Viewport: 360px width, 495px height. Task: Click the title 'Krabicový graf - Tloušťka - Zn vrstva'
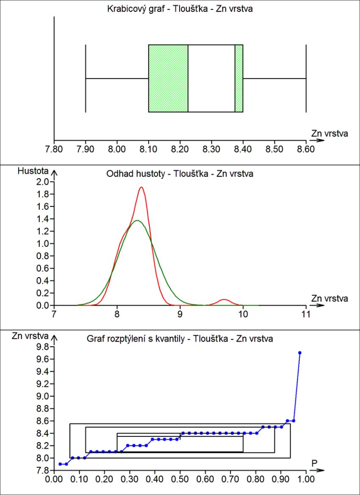(180, 8)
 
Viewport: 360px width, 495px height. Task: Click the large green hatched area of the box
(168, 78)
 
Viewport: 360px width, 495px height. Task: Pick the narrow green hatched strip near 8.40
(239, 78)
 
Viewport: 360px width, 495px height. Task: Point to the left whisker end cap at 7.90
(86, 78)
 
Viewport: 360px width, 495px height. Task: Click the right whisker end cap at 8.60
(306, 78)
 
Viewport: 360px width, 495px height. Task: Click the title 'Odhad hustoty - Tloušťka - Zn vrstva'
(180, 174)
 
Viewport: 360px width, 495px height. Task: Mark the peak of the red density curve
(141, 187)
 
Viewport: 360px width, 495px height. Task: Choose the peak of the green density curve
(137, 220)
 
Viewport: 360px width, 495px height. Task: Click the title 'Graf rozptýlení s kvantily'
(180, 339)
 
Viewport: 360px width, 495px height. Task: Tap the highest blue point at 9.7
(300, 353)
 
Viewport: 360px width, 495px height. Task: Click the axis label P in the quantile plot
(314, 463)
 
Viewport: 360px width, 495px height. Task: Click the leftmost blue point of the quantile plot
(60, 464)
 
